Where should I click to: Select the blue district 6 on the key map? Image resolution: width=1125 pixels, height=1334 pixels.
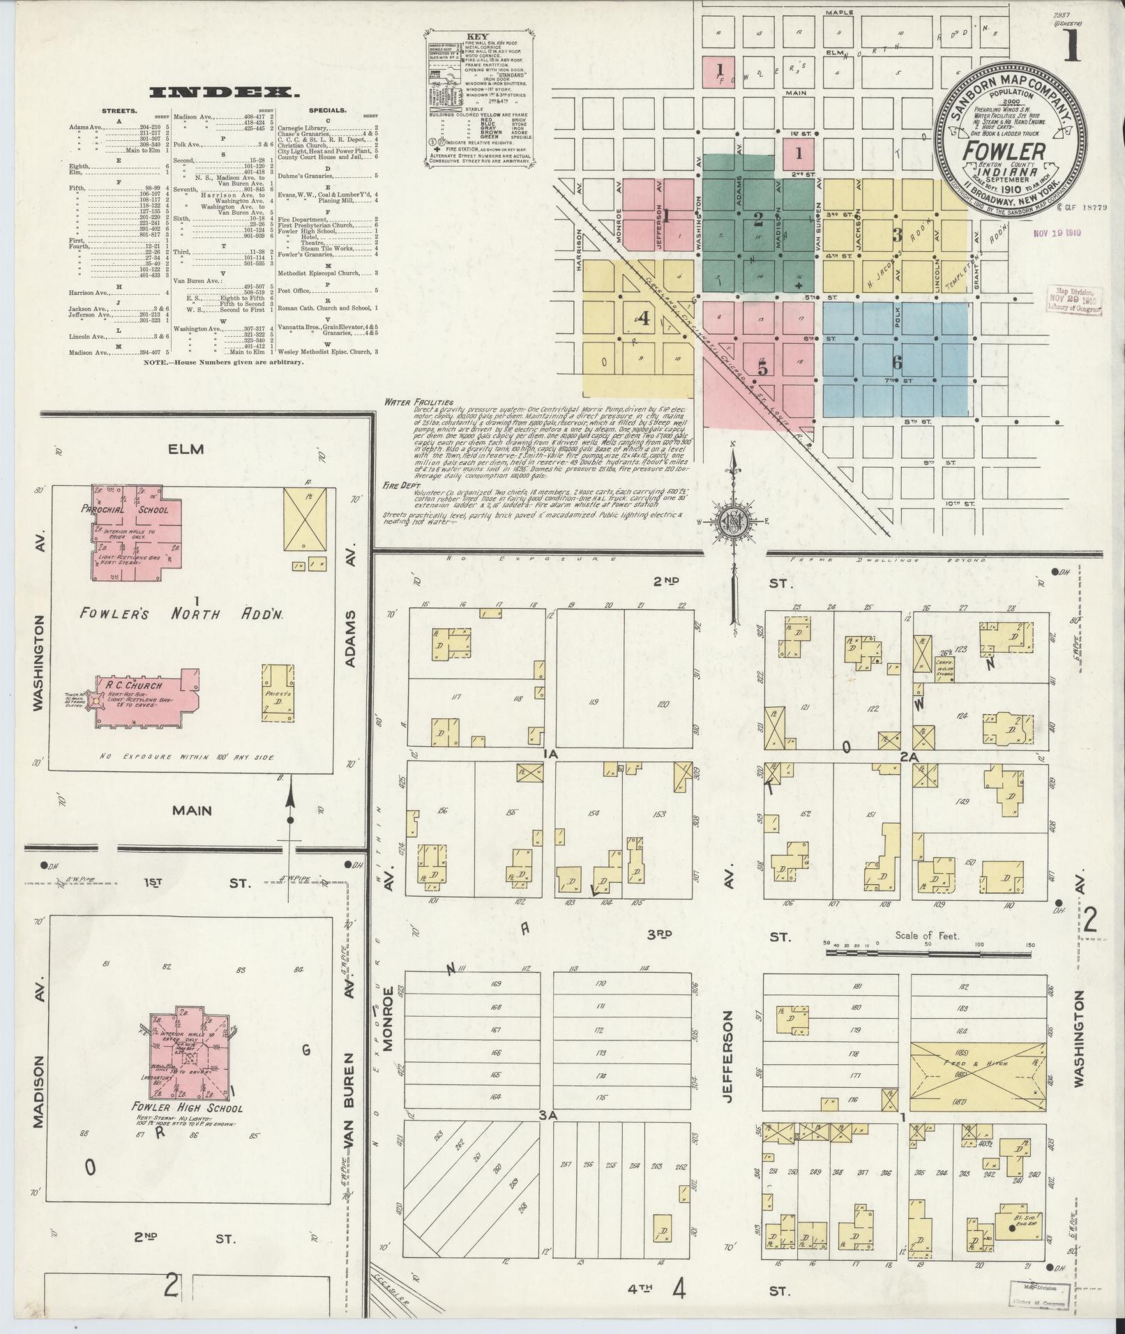pyautogui.click(x=896, y=362)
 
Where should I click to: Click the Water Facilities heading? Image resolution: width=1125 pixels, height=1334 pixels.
pyautogui.click(x=418, y=402)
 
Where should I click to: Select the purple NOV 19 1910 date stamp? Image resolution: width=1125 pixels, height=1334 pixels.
pyautogui.click(x=1057, y=233)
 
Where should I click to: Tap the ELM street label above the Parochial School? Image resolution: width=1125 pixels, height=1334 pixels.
pyautogui.click(x=186, y=449)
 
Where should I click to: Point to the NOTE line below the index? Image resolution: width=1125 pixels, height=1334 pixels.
pyautogui.click(x=223, y=363)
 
